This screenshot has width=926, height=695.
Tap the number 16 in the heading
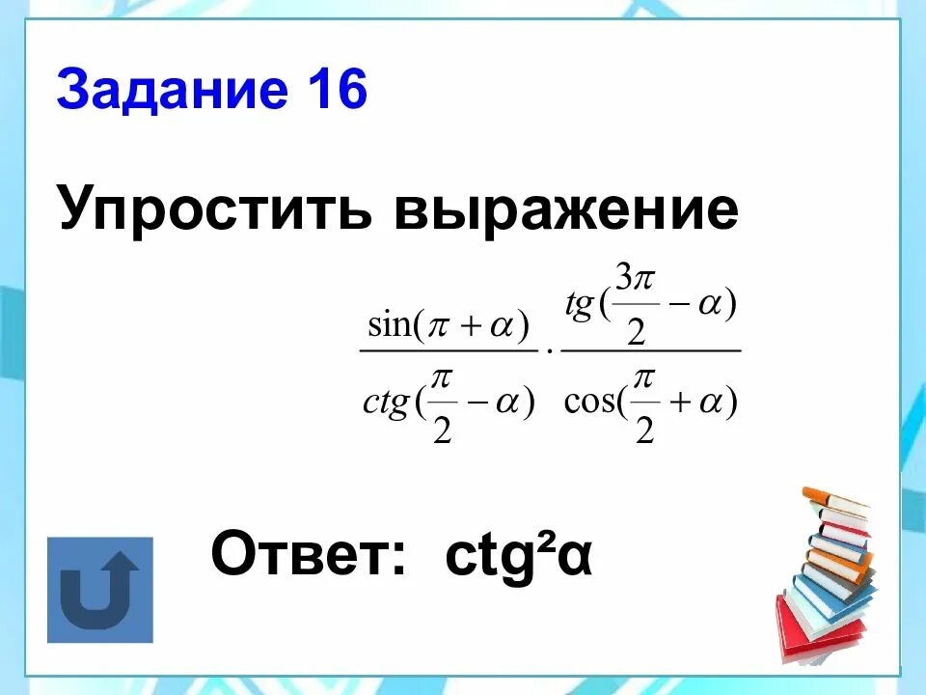click(x=338, y=93)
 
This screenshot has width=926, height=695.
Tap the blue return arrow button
click(x=100, y=590)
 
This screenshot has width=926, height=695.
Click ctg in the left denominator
click(x=385, y=403)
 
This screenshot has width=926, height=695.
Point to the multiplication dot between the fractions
click(x=549, y=352)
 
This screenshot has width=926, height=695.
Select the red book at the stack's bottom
click(x=815, y=632)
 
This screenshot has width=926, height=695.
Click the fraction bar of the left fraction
click(x=448, y=350)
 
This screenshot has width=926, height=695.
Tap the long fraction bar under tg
click(x=650, y=350)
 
